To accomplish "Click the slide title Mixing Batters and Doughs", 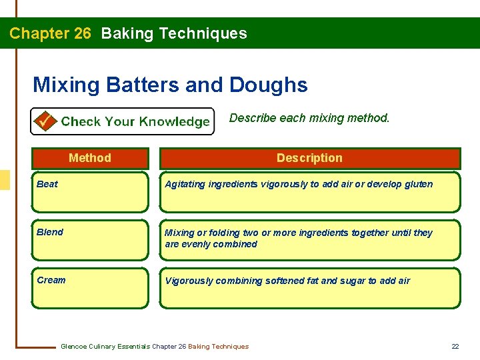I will (x=170, y=85).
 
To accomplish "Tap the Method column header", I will (x=90, y=158).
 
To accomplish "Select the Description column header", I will (x=309, y=158).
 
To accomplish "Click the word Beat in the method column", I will (x=47, y=184).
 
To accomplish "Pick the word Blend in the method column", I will (x=50, y=232).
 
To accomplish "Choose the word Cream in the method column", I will (x=51, y=280).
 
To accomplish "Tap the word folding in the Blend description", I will (x=217, y=233).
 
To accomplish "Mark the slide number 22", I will (x=455, y=346).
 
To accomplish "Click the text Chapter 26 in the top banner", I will (x=50, y=33).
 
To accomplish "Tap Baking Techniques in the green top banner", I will (x=174, y=33).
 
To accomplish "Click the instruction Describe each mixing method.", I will (x=309, y=118).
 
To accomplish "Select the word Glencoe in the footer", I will (x=75, y=346).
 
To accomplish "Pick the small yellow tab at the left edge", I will (x=5, y=180).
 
